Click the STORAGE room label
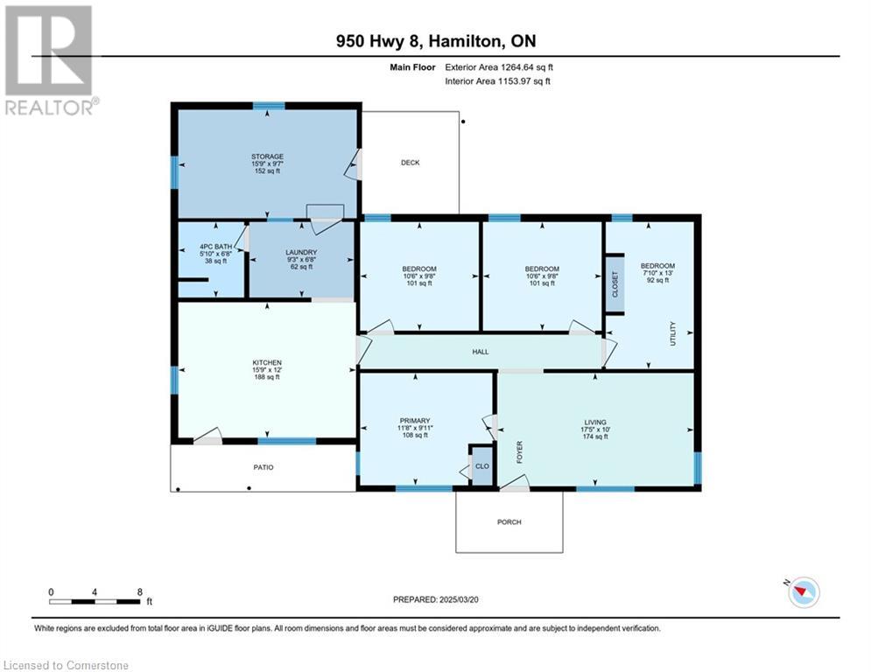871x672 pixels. (267, 157)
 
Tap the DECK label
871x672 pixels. (410, 163)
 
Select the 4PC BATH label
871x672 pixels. (210, 247)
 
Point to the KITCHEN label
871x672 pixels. (267, 362)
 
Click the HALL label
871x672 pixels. (480, 352)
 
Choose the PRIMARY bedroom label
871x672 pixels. (414, 421)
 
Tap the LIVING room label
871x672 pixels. (595, 422)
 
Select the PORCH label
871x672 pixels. (509, 522)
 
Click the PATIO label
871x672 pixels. (263, 467)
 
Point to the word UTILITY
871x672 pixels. (672, 332)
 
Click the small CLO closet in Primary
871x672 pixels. (481, 466)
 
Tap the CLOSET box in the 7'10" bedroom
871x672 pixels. (615, 283)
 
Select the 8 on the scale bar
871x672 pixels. (140, 591)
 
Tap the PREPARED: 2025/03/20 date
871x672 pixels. (439, 599)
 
